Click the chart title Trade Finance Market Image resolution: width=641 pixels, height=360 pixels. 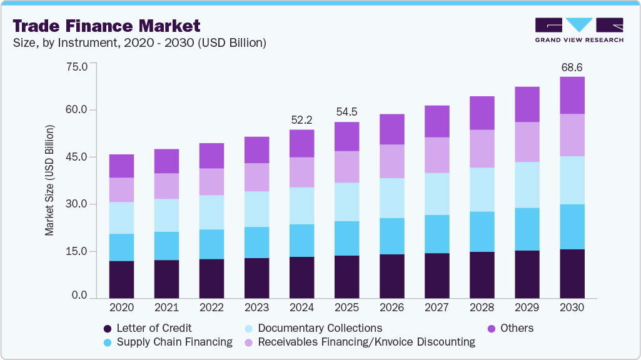pos(106,26)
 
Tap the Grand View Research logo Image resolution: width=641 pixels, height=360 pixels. pos(579,29)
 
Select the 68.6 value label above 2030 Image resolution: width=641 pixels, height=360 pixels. pos(572,66)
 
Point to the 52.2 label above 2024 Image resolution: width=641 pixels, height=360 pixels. pos(301,119)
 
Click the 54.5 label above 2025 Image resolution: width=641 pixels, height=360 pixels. pos(346,112)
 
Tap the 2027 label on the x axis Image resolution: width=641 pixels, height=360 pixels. pos(437,308)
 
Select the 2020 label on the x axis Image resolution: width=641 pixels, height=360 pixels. pos(121,308)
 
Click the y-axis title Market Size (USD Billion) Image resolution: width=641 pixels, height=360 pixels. pos(49,181)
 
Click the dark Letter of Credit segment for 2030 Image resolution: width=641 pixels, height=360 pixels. pos(572,274)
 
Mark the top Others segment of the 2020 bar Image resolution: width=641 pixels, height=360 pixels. pos(121,166)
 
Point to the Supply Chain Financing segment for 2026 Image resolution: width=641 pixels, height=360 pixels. pos(391,236)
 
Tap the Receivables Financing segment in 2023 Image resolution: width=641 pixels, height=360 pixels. pos(256,177)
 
